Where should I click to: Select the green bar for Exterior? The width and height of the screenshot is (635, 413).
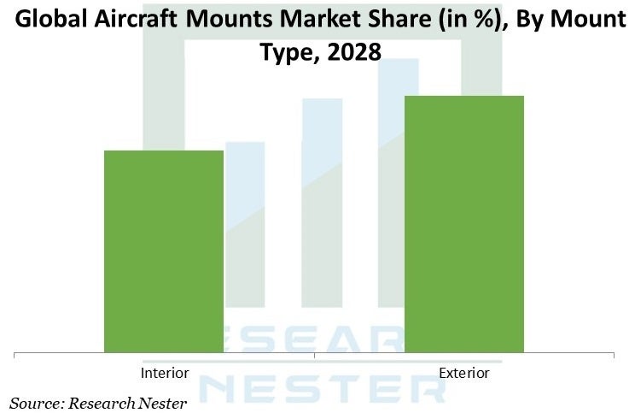[463, 223]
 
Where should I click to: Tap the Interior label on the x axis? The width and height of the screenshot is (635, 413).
[164, 373]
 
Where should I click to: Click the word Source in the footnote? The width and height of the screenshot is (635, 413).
[37, 401]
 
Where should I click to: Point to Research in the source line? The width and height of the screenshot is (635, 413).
[102, 401]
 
